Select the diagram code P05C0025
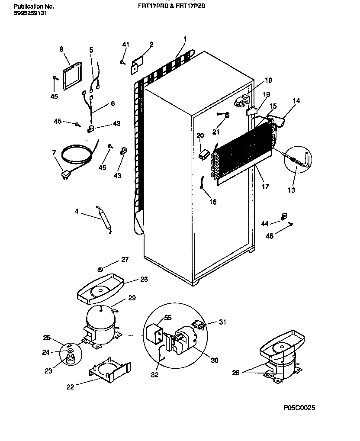(299, 408)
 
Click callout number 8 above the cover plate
(61, 49)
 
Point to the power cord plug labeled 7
(66, 174)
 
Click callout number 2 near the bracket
(151, 44)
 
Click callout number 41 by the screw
(125, 45)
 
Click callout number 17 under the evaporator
(265, 187)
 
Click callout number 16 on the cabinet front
(212, 202)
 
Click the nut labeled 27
(100, 269)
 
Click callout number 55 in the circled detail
(167, 318)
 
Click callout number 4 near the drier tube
(76, 212)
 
